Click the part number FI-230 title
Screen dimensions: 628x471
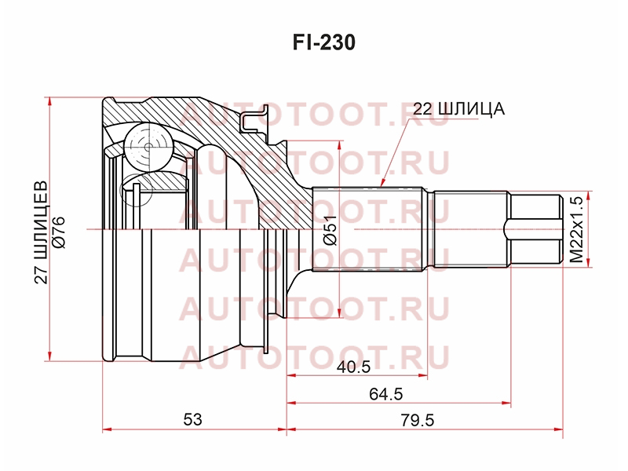(x=324, y=42)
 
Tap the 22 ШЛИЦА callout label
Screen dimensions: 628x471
(x=458, y=108)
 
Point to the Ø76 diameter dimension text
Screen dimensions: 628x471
(x=58, y=232)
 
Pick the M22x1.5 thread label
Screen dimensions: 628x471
(x=577, y=229)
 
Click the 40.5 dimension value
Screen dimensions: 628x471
(x=354, y=367)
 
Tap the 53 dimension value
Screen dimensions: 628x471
(x=192, y=420)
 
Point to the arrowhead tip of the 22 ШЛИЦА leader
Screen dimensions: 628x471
(x=382, y=187)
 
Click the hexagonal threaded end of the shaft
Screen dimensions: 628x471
(x=535, y=229)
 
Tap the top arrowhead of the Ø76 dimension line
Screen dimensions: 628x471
(x=49, y=97)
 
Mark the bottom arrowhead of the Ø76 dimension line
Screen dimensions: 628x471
(x=49, y=361)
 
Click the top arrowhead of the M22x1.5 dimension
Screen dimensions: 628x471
(x=588, y=192)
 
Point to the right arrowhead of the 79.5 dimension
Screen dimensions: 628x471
(x=563, y=429)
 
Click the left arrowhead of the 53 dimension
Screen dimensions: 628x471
(x=103, y=429)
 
